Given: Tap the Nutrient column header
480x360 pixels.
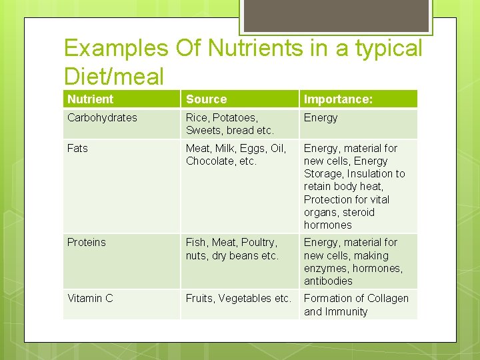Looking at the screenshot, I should coord(90,99).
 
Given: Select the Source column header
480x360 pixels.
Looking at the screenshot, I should coord(206,99).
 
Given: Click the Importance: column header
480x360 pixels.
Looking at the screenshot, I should coord(338,99).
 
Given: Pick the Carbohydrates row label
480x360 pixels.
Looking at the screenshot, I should coord(102,117).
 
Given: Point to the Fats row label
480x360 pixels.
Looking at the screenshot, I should coord(77,148).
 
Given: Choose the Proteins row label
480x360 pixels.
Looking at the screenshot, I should coord(87,242).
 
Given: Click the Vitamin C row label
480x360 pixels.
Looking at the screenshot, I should coord(90,298).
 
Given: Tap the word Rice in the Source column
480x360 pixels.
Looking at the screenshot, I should coord(198,117).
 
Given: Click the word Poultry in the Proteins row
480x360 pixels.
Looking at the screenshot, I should coord(259,242).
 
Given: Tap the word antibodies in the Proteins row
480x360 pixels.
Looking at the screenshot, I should coord(328,281).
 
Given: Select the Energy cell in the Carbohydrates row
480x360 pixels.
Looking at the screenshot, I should coord(321,117).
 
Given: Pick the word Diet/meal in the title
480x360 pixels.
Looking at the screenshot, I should coord(114,77).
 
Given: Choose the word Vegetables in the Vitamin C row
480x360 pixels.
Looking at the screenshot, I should coord(249,298).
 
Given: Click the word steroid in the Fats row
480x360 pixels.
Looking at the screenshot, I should coord(358,212).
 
